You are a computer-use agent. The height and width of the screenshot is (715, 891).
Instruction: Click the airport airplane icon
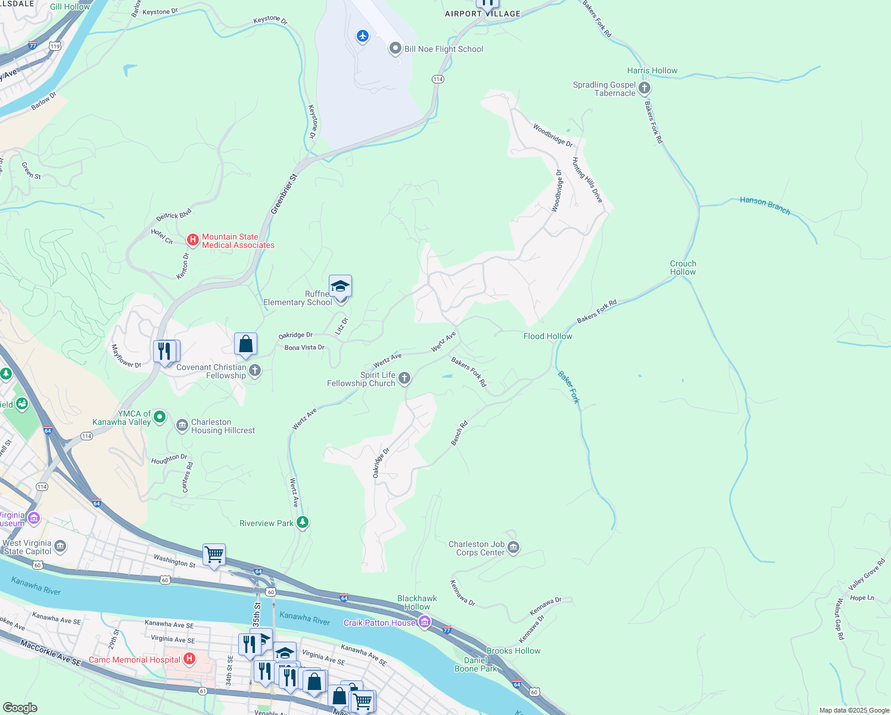pos(363,36)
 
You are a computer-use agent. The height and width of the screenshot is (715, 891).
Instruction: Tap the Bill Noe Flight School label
pos(444,49)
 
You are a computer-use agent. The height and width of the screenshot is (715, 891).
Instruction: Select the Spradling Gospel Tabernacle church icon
pos(644,89)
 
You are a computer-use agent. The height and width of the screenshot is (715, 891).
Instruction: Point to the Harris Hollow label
pos(652,70)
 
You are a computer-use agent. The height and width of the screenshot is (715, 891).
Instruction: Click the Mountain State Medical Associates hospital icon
pos(192,240)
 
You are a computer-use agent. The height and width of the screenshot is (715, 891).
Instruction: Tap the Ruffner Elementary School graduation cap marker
pos(340,287)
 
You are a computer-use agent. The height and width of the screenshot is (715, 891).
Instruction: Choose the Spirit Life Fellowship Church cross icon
pos(404,378)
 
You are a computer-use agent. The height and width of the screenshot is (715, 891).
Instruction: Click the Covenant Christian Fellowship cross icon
pos(255,371)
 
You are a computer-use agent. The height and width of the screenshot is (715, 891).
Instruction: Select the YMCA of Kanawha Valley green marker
pos(159,417)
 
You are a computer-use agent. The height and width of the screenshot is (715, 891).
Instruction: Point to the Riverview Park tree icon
pos(303,523)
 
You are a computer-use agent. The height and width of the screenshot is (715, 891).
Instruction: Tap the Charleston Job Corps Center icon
pos(513,548)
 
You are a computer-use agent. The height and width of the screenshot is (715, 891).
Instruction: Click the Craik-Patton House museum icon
pos(425,623)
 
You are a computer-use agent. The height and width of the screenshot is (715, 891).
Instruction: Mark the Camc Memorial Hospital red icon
pos(189,659)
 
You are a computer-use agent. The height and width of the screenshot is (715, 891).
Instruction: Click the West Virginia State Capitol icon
pos(60,546)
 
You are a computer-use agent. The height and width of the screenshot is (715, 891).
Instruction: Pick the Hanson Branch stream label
pos(765,205)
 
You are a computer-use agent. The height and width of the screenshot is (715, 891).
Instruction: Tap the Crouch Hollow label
pos(683,268)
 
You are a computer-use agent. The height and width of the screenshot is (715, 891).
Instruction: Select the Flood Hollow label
pos(548,336)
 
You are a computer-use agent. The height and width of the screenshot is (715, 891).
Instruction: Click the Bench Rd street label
pos(459,433)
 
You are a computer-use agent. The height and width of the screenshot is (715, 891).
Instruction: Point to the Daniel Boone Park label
pos(476,664)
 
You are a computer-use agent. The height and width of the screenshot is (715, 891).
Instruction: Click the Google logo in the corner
pos(20,707)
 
